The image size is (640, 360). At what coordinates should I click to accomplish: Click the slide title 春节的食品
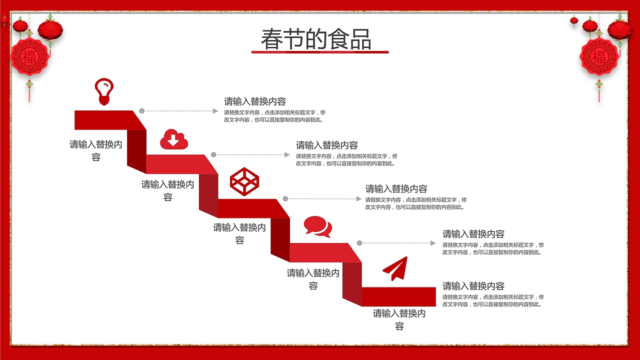[x=316, y=39]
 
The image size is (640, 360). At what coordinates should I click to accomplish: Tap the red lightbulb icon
[x=104, y=91]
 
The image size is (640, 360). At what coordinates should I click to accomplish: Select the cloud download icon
[x=173, y=139]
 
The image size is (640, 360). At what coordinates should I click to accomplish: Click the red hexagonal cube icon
[x=244, y=181]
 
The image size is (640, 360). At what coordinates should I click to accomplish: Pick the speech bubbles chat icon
[x=318, y=226]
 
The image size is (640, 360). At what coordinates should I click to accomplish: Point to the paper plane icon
[x=395, y=268]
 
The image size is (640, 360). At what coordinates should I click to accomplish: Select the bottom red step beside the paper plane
[x=398, y=296]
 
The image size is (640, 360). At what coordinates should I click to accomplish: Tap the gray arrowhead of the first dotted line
[x=216, y=111]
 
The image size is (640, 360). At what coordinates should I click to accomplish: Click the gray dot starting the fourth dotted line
[x=359, y=243]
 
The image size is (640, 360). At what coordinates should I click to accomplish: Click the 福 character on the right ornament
[x=599, y=56]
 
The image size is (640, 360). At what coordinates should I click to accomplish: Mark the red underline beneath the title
[x=320, y=52]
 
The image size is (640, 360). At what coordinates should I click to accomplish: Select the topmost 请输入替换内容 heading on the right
[x=255, y=101]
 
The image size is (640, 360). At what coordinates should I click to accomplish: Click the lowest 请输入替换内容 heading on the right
[x=473, y=286]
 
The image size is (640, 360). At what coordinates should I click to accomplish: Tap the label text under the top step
[x=96, y=150]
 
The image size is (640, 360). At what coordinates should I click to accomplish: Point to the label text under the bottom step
[x=399, y=319]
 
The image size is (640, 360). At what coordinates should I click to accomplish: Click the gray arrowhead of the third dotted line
[x=358, y=199]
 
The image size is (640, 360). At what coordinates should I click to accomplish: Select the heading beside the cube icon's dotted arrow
[x=396, y=189]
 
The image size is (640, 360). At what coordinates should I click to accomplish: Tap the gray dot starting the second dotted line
[x=213, y=155]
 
